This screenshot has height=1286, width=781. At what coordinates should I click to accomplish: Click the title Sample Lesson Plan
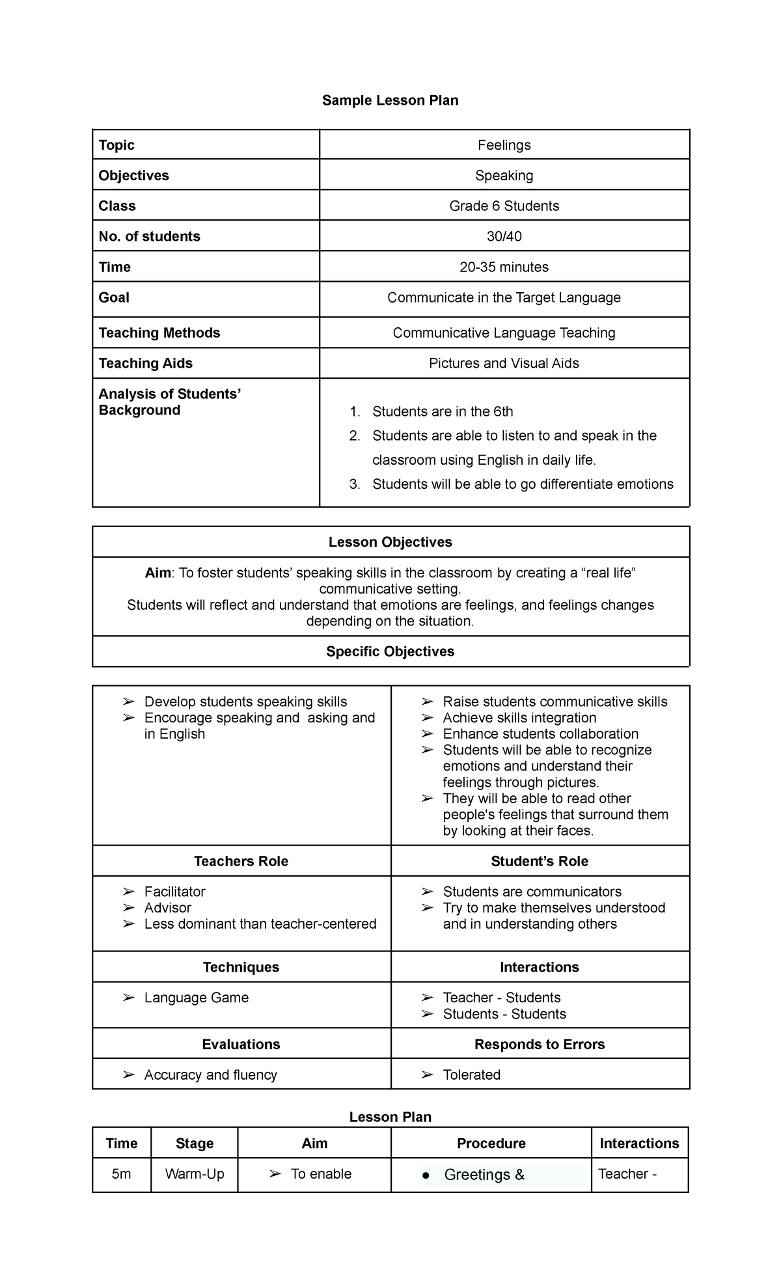(x=390, y=100)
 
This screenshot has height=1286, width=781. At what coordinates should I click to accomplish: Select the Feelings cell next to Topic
(x=504, y=145)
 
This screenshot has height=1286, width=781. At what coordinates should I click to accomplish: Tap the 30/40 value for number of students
(x=504, y=236)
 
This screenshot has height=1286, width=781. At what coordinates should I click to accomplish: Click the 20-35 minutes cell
(x=504, y=267)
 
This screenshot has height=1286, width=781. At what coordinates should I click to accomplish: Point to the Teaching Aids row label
(x=145, y=363)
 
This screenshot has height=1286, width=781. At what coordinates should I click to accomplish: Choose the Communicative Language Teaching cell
(x=504, y=333)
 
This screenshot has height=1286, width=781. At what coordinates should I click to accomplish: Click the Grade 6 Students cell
(x=504, y=206)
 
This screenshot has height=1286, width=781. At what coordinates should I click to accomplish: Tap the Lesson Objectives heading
(x=390, y=542)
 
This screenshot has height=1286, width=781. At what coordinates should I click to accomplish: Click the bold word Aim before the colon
(x=158, y=573)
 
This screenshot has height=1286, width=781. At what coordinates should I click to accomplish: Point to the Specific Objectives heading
(x=390, y=651)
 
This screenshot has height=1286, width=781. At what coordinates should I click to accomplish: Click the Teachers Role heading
(x=241, y=861)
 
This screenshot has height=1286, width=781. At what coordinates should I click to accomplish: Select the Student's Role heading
(x=539, y=861)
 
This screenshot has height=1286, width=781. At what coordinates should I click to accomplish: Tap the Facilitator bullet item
(x=174, y=892)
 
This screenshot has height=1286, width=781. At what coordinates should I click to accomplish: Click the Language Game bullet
(x=196, y=998)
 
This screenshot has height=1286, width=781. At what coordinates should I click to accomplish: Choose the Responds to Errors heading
(x=539, y=1044)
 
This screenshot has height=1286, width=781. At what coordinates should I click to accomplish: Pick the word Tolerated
(x=471, y=1074)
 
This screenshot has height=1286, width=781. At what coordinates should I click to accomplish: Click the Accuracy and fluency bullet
(x=210, y=1074)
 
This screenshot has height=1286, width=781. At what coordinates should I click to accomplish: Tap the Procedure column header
(x=491, y=1143)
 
